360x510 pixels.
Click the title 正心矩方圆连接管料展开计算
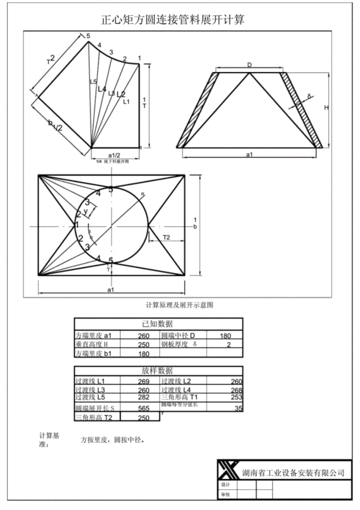tap(173, 20)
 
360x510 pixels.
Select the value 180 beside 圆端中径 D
tap(225, 336)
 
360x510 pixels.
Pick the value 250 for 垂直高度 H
tap(143, 345)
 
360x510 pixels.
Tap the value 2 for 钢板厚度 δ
tap(228, 345)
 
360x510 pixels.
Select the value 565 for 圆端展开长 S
tap(143, 408)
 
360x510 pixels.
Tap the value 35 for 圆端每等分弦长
tap(238, 408)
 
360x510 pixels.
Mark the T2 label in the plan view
tap(166, 237)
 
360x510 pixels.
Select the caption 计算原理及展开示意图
tap(179, 305)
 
